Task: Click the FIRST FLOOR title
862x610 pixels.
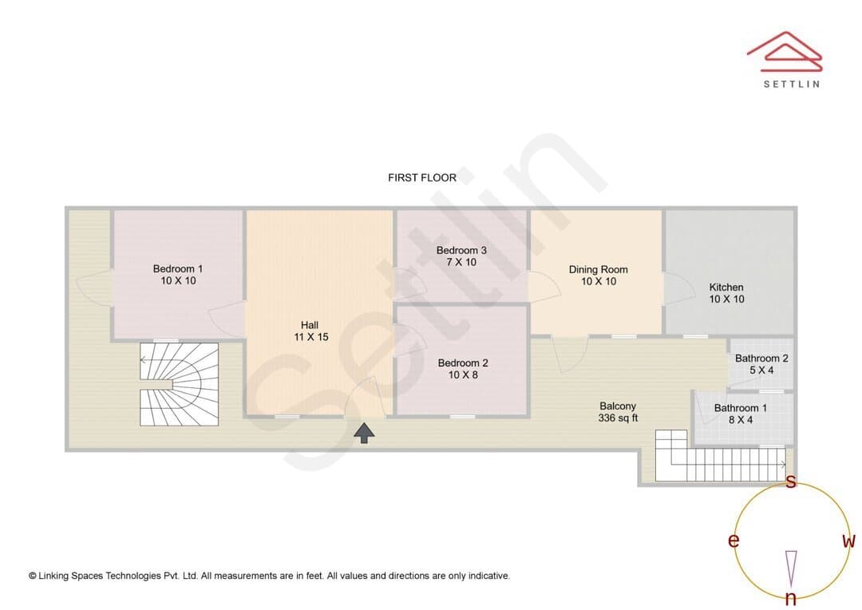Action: tap(421, 178)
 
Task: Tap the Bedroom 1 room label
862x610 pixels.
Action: tap(177, 275)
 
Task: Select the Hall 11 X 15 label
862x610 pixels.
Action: tap(310, 331)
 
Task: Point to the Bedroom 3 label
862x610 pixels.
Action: tap(461, 256)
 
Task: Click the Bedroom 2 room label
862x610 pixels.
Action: tap(463, 369)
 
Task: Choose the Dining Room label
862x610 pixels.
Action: tap(598, 275)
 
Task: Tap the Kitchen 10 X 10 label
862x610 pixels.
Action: tap(726, 293)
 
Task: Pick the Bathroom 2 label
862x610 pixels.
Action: tap(761, 364)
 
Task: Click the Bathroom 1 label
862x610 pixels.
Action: tap(741, 414)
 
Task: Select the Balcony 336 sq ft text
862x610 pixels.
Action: tap(618, 411)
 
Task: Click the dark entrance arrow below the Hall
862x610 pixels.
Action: tap(364, 433)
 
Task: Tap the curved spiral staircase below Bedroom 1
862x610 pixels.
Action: tap(180, 385)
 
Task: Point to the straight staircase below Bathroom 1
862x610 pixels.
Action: tap(721, 457)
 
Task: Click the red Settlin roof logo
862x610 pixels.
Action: tap(785, 52)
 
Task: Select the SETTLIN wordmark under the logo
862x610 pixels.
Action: tap(792, 84)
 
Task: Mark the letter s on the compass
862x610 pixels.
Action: tap(790, 481)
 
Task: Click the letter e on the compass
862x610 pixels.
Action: tap(733, 541)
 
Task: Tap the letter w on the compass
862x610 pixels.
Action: tap(848, 541)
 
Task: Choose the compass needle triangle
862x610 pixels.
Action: tap(791, 568)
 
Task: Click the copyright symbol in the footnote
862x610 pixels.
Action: tap(33, 576)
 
